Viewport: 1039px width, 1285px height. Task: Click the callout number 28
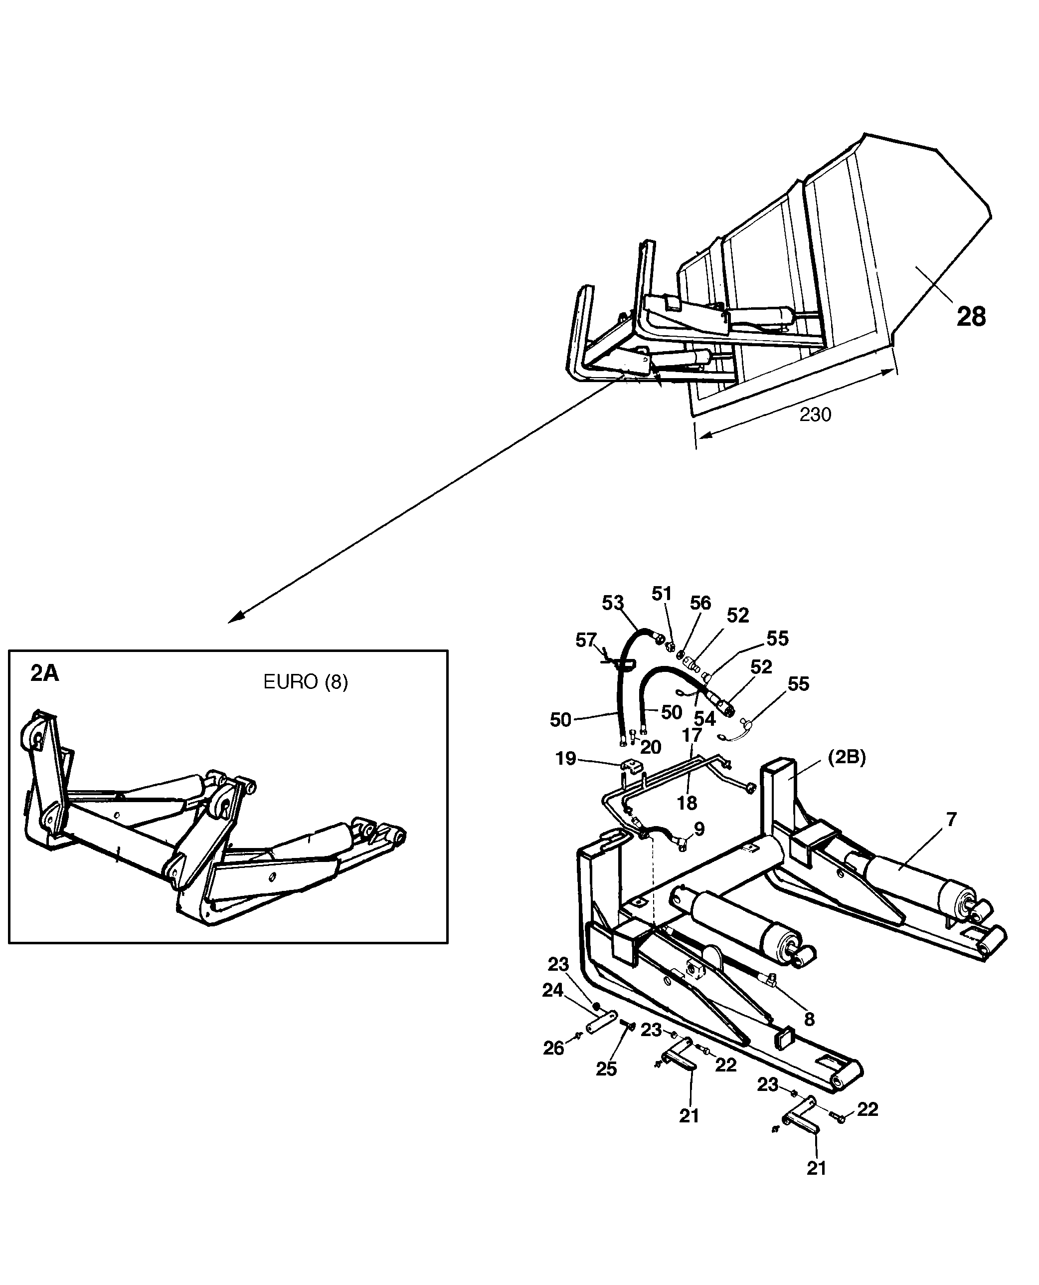(971, 317)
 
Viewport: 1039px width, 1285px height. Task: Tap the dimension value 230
(815, 415)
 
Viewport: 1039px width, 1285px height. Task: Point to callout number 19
(565, 759)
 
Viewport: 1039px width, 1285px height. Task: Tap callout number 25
(606, 1052)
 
